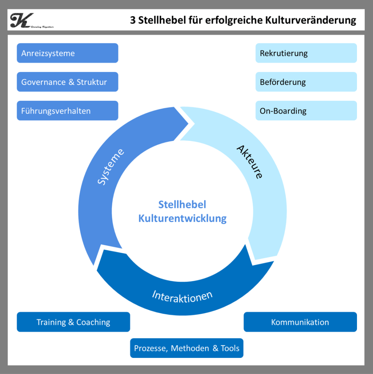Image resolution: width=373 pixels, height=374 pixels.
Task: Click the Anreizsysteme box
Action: pyautogui.click(x=67, y=53)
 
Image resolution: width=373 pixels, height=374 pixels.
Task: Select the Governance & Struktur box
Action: pyautogui.click(x=67, y=82)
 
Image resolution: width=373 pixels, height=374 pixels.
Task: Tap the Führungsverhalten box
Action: pyautogui.click(x=67, y=111)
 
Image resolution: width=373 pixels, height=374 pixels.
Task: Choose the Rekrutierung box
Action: pyautogui.click(x=306, y=53)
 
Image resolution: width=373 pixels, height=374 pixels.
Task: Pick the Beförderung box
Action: pyautogui.click(x=306, y=82)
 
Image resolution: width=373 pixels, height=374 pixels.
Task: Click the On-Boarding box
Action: pyautogui.click(x=306, y=111)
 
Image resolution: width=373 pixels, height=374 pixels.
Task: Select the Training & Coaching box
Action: pyautogui.click(x=73, y=322)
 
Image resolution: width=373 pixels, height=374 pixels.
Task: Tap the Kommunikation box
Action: pyautogui.click(x=300, y=322)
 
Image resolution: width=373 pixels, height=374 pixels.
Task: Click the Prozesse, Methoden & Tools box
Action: pyautogui.click(x=187, y=348)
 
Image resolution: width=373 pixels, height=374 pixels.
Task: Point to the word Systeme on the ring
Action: pyautogui.click(x=111, y=167)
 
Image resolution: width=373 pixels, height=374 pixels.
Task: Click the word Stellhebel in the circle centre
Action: pyautogui.click(x=182, y=205)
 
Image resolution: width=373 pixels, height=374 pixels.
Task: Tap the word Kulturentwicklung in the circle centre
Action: pyautogui.click(x=182, y=218)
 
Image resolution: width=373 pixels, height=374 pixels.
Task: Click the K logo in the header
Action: pyautogui.click(x=20, y=20)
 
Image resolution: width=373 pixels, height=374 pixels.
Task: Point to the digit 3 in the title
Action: pyautogui.click(x=133, y=20)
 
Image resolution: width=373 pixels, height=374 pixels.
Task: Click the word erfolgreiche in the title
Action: pyautogui.click(x=234, y=20)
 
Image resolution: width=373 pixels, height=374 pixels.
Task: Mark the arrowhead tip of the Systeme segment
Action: pyautogui.click(x=188, y=122)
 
